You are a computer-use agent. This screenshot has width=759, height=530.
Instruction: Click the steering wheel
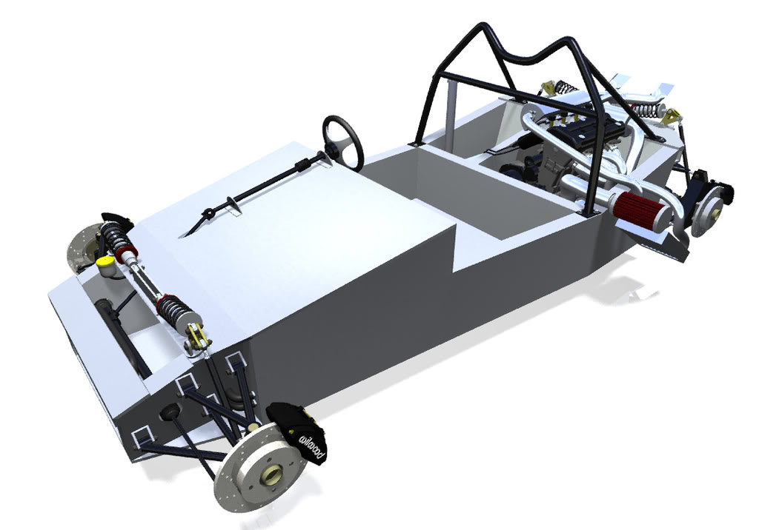[x=343, y=141]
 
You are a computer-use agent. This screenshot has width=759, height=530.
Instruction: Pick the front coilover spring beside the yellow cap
[x=116, y=238]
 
